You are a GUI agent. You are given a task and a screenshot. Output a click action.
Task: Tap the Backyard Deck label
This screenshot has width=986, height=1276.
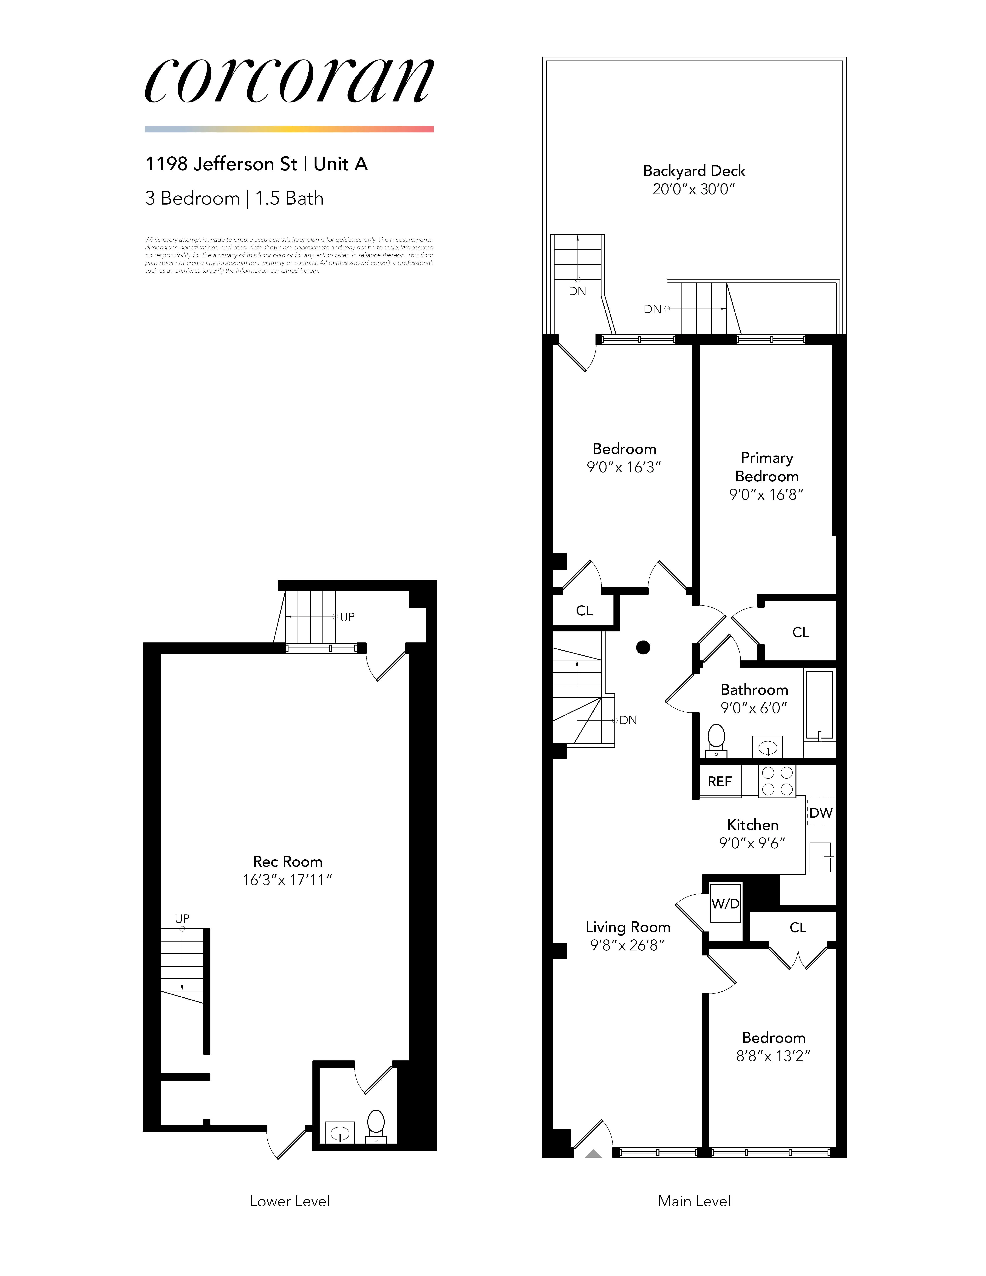[694, 171]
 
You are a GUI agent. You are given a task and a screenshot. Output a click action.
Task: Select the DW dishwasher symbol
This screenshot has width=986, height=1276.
[821, 813]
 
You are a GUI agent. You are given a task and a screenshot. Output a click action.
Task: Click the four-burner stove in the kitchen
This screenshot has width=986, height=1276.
[777, 781]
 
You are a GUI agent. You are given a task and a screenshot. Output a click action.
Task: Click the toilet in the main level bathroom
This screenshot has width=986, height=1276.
[716, 739]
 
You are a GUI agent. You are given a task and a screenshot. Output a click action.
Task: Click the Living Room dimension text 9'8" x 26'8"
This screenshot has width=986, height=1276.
[628, 945]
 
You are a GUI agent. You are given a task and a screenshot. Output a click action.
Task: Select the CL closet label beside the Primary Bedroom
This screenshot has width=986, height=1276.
[800, 633]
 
